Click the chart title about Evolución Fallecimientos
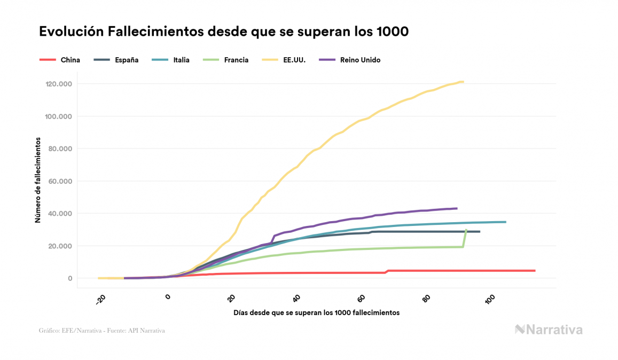(224, 32)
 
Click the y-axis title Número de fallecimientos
(38, 179)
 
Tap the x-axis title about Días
(316, 312)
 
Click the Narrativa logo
(549, 330)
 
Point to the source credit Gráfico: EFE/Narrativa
(102, 331)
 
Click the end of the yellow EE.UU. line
(463, 82)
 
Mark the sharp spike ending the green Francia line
(466, 230)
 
